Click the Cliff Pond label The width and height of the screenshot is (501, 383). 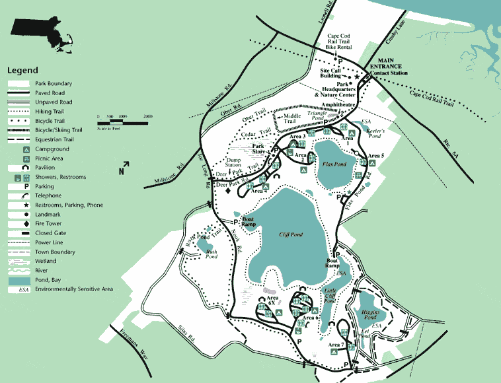click(291, 234)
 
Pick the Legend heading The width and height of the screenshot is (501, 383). click(22, 71)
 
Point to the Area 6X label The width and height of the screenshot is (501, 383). click(272, 301)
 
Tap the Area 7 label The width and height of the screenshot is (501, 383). click(336, 345)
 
